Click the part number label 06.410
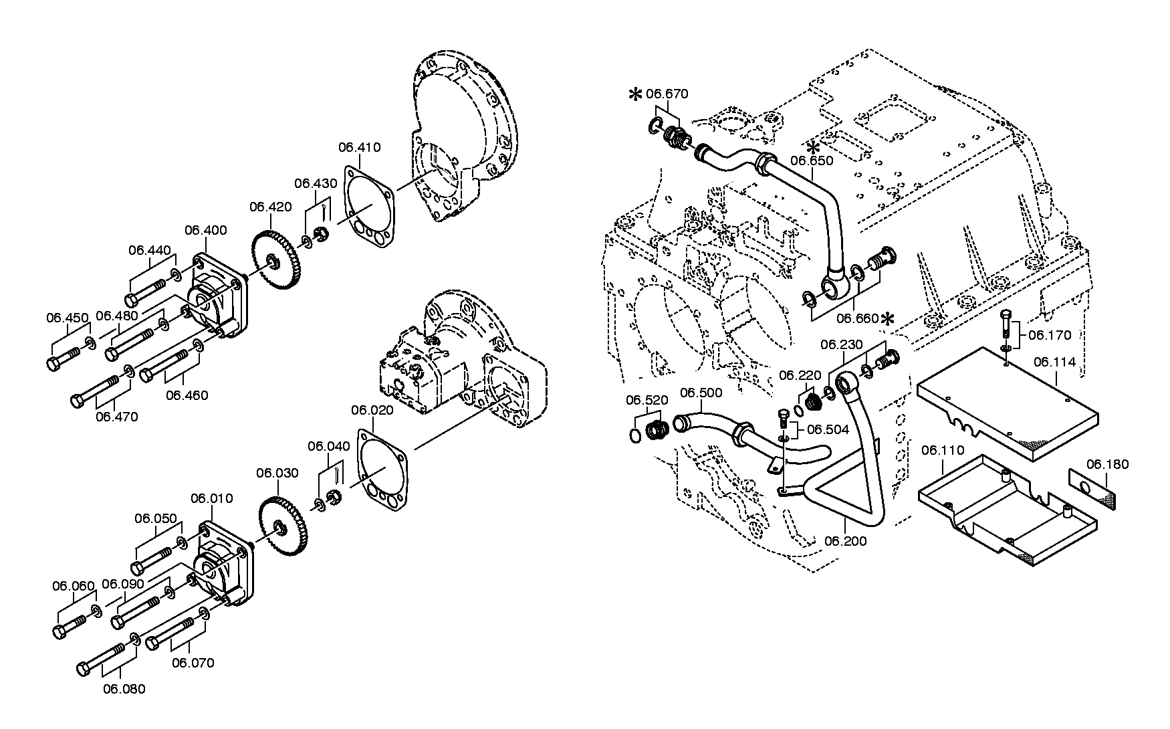click(x=359, y=147)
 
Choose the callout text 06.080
click(x=124, y=689)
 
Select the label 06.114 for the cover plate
click(x=1054, y=362)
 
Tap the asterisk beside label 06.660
click(x=888, y=320)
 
